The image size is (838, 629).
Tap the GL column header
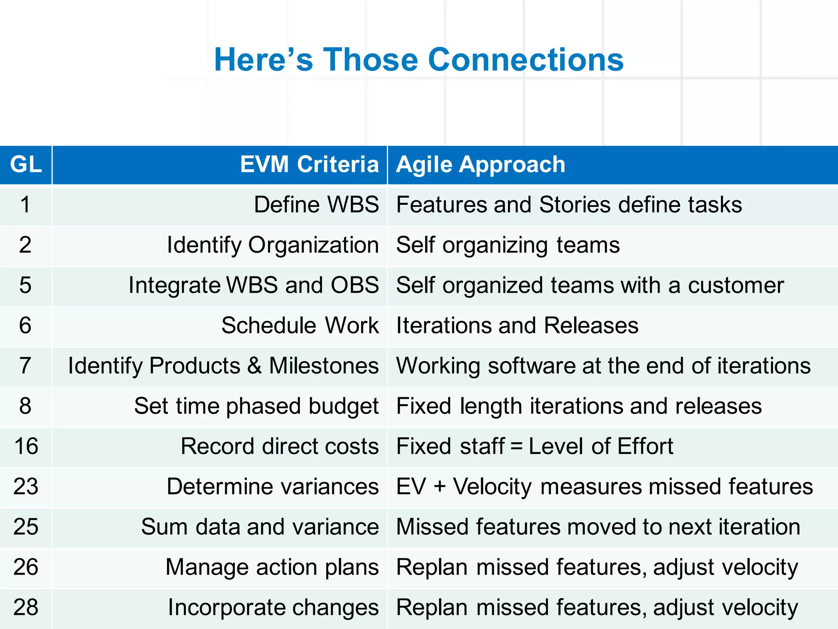(x=26, y=165)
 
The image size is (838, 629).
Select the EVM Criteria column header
(x=309, y=165)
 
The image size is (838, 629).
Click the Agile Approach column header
(x=480, y=165)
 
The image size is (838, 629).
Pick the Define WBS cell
(x=316, y=205)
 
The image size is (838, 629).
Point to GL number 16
(x=26, y=446)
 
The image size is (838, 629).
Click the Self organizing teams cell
(x=508, y=245)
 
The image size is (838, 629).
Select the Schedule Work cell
(x=300, y=326)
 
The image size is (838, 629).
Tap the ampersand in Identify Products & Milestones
(x=255, y=366)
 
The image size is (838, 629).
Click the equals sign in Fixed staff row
(x=517, y=447)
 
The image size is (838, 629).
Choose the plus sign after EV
(x=440, y=487)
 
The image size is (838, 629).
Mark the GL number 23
(x=26, y=486)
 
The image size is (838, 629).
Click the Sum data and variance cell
(x=260, y=527)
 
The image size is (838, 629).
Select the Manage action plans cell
(x=272, y=568)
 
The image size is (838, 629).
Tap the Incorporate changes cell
(x=273, y=608)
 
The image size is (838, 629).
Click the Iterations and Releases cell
(x=517, y=326)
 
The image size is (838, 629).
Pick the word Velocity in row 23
(x=492, y=487)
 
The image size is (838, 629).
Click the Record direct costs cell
(x=279, y=446)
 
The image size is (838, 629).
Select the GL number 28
(x=26, y=607)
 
